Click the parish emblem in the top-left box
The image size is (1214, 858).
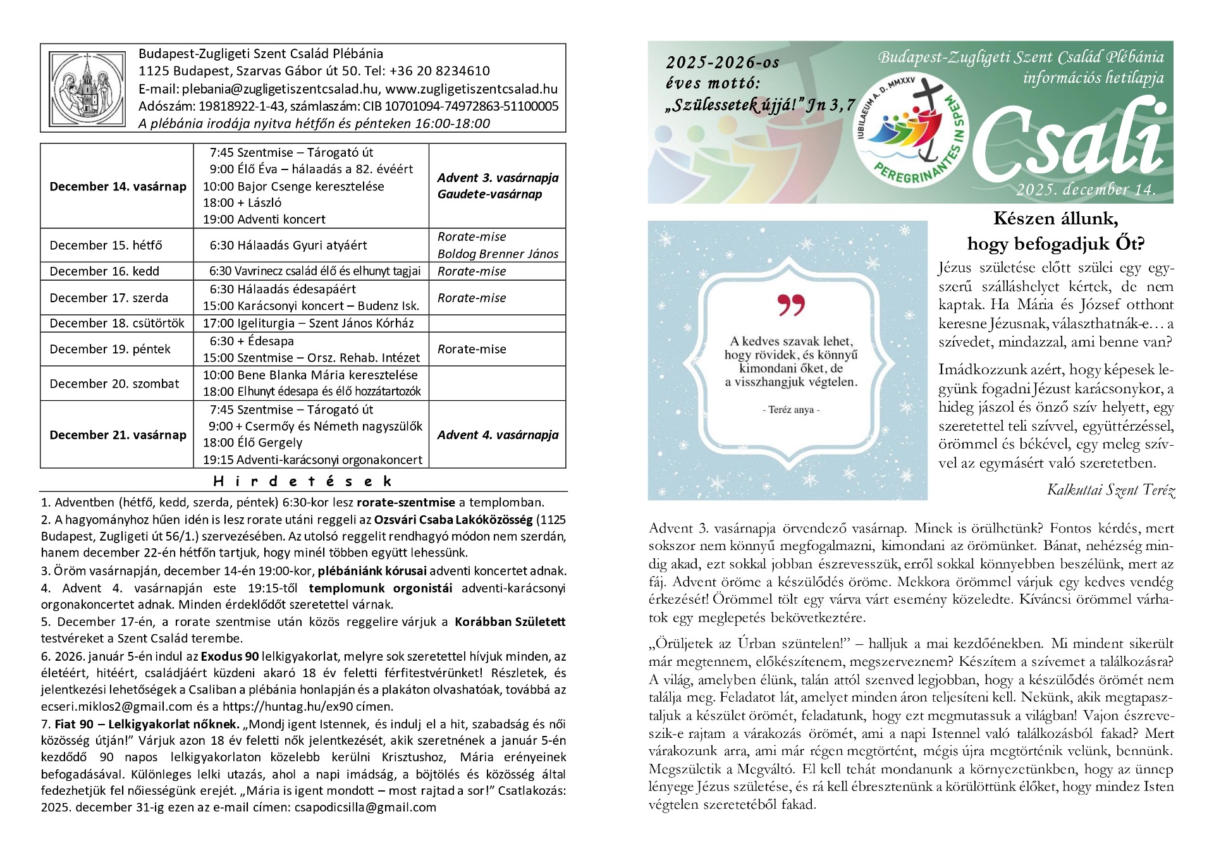click(87, 88)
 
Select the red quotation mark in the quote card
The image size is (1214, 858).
click(790, 305)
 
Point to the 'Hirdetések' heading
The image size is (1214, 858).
click(303, 481)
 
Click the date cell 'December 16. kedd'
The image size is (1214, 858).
click(104, 271)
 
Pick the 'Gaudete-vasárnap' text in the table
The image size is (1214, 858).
click(489, 194)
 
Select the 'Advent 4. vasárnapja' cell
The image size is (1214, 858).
click(498, 435)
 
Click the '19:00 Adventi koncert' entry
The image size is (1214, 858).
click(264, 219)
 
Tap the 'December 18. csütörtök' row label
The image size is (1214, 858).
click(117, 323)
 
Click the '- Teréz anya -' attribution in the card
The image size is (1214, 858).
click(790, 410)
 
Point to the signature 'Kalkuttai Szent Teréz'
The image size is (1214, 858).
click(1110, 490)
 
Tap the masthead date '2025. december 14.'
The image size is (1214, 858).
click(1086, 190)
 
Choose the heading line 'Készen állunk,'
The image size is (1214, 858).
click(1055, 219)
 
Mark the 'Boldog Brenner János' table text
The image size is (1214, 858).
click(498, 254)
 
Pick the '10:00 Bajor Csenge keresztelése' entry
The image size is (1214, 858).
click(293, 187)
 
